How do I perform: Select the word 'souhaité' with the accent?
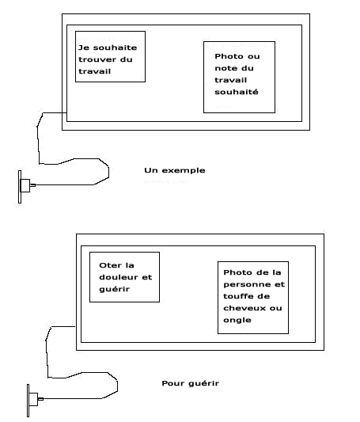coord(237,92)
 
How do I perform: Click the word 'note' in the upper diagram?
coord(224,68)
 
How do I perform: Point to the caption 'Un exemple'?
coord(175,170)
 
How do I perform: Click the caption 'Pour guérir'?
coord(191,383)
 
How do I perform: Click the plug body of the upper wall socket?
coord(25,185)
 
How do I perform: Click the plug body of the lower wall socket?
coord(33,399)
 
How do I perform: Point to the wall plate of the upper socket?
coord(20,187)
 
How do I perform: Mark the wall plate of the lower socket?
coord(28,401)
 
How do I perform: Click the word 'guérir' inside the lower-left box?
coord(114,289)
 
